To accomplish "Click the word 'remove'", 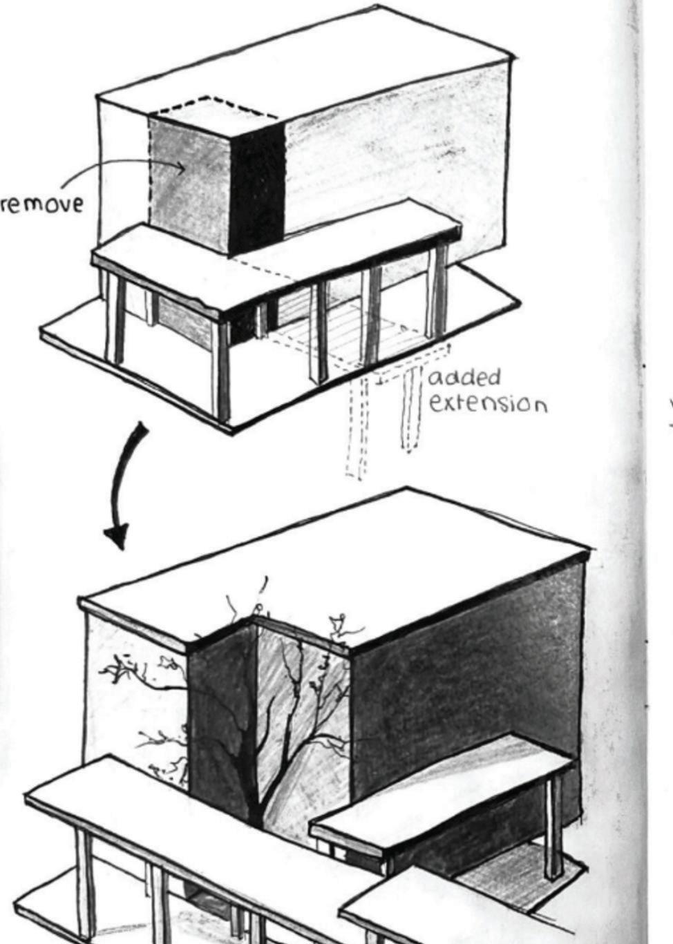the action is [41, 204].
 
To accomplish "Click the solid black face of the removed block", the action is [258, 186].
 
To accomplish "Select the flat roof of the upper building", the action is [304, 66].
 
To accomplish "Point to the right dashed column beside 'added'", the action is [412, 407].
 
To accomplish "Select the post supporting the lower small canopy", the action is [552, 836].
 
